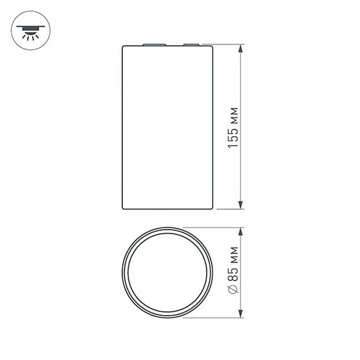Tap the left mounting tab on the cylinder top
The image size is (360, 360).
(x=154, y=45)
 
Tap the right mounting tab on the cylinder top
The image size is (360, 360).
(x=191, y=45)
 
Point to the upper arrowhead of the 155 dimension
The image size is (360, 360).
(x=240, y=48)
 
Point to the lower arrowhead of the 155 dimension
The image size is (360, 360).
(x=240, y=205)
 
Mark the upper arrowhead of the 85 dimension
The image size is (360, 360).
(x=240, y=231)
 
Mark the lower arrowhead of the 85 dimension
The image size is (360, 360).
(x=240, y=314)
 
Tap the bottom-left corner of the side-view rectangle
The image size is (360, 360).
(x=123, y=208)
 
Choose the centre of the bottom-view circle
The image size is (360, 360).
(x=167, y=273)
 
